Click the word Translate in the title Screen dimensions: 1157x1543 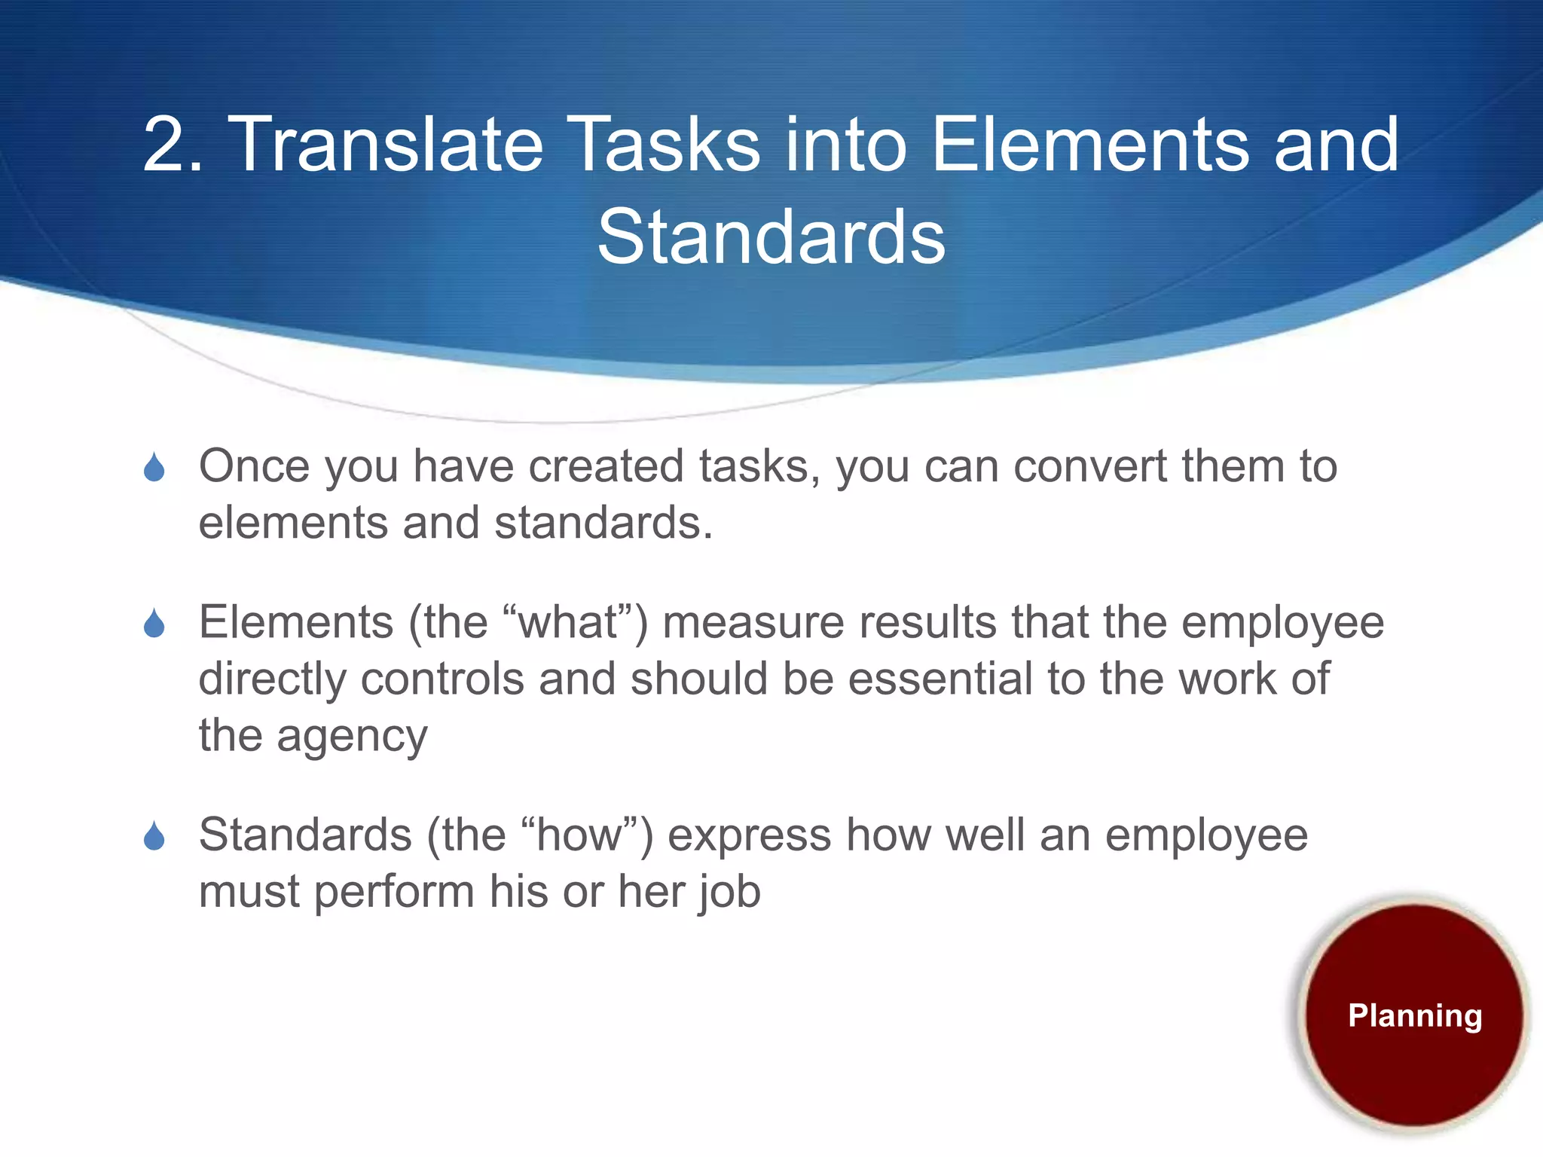pos(385,144)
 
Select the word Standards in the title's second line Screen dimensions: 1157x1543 pos(771,237)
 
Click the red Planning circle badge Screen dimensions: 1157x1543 pos(1414,1015)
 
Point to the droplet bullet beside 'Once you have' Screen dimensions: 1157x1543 pos(154,468)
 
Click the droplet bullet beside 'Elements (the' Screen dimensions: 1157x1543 pos(154,624)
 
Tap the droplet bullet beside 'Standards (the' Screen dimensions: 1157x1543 pos(154,836)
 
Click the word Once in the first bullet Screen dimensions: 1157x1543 pos(253,466)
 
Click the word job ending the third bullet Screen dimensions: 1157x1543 pos(729,892)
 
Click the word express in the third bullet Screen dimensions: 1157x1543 pos(749,835)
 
